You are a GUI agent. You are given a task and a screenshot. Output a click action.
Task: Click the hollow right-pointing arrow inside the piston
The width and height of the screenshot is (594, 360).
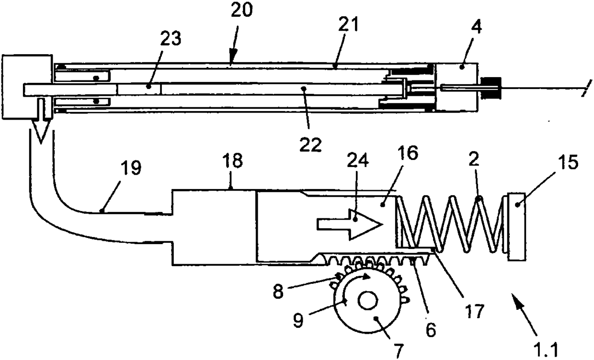click(348, 223)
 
